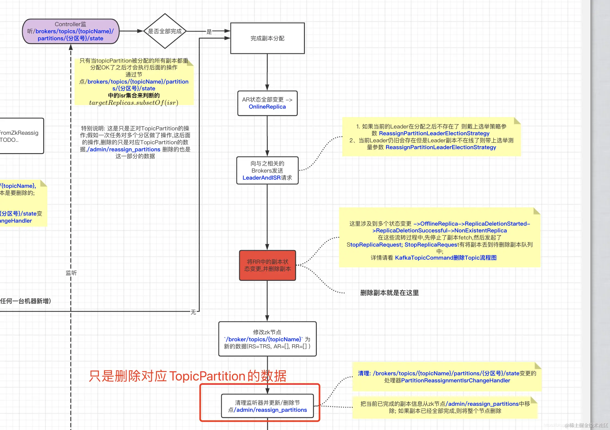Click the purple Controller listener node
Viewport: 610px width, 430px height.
click(70, 31)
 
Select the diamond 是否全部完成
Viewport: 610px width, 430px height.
click(165, 31)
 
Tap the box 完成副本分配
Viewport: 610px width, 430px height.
click(267, 38)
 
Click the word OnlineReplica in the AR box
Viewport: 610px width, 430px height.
click(267, 107)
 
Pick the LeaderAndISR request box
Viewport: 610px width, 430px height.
click(267, 171)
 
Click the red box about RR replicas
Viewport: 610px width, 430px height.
click(267, 265)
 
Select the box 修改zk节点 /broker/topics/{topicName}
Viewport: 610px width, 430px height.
click(267, 339)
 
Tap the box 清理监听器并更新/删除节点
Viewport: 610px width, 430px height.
click(267, 406)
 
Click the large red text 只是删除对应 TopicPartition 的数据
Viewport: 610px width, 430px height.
click(187, 376)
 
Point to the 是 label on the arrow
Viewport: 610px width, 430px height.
click(209, 32)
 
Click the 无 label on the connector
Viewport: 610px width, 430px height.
click(193, 312)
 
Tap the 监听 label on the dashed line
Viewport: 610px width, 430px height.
click(71, 273)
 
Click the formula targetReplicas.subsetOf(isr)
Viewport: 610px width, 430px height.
click(134, 103)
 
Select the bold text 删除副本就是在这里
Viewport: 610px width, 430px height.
click(389, 293)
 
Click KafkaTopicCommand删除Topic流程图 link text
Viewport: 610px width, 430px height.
click(445, 258)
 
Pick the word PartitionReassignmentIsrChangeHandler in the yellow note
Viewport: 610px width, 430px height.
click(455, 380)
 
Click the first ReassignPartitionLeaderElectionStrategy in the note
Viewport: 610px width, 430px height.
click(434, 133)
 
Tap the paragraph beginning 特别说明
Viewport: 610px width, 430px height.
click(135, 142)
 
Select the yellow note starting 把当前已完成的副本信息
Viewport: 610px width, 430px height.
click(445, 407)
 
